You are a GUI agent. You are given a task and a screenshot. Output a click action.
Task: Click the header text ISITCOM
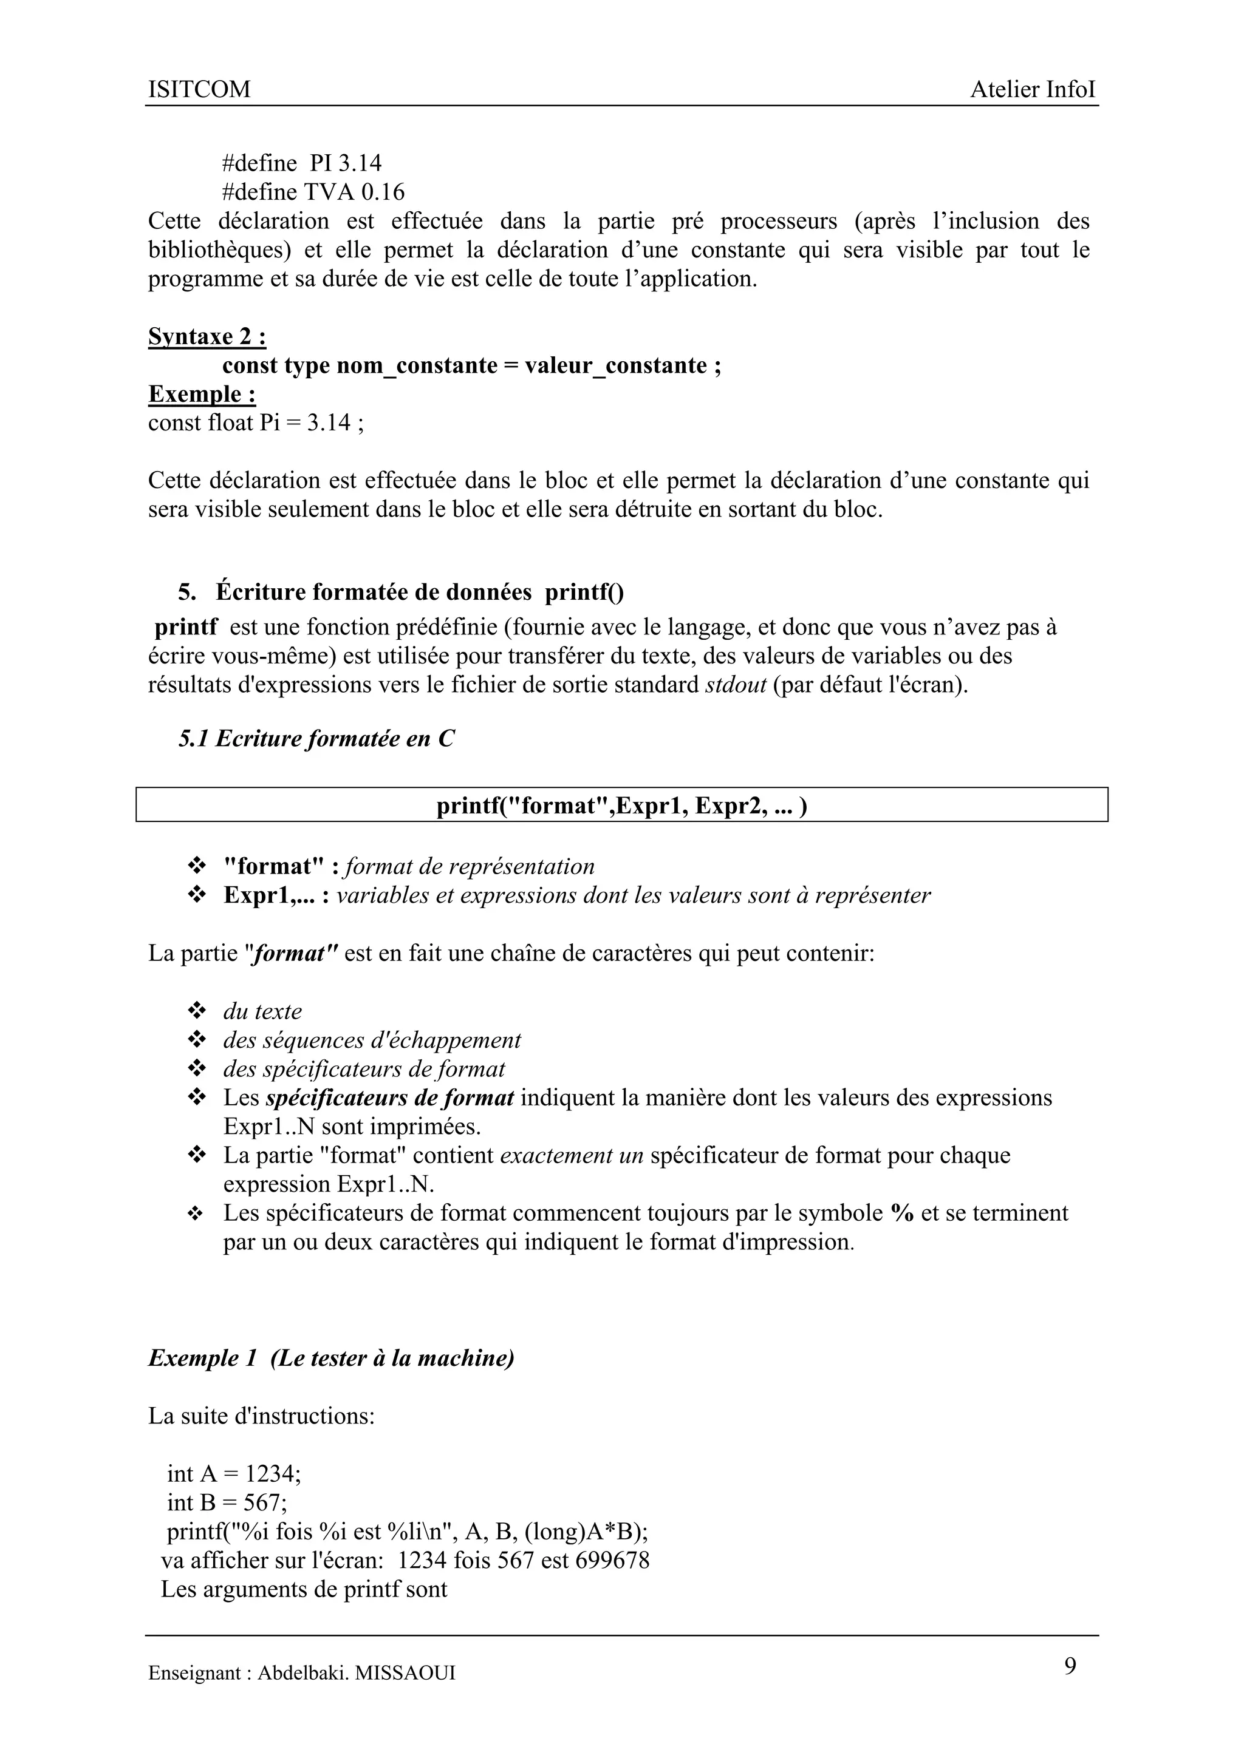pos(199,90)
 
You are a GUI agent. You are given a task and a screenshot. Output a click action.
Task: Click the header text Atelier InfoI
pos(1033,90)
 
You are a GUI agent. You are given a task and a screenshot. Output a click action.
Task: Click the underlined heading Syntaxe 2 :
pos(207,337)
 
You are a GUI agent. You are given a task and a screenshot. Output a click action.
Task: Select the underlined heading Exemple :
pos(202,395)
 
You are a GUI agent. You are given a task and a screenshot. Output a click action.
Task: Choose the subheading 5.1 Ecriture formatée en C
pos(316,739)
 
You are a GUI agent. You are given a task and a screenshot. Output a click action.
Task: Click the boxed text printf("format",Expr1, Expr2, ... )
pos(621,806)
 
